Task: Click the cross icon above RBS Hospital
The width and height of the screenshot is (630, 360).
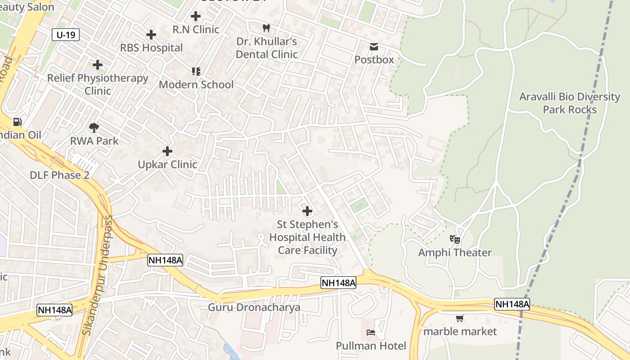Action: click(x=151, y=35)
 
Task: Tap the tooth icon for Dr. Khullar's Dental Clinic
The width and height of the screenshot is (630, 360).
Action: click(x=266, y=28)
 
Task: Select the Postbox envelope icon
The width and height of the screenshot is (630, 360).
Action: click(x=374, y=47)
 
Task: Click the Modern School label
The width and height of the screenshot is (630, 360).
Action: click(x=196, y=85)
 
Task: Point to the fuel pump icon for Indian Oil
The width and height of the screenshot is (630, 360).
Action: click(x=17, y=122)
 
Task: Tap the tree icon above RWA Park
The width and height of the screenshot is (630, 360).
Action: click(x=94, y=128)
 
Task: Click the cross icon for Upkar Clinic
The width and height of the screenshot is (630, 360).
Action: click(x=167, y=151)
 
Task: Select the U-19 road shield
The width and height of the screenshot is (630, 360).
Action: click(x=66, y=35)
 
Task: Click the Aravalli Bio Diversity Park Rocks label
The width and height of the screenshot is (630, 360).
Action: click(x=570, y=103)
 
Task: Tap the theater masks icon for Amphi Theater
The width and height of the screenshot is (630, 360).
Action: click(x=455, y=239)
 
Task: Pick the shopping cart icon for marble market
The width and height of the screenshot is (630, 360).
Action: click(x=459, y=319)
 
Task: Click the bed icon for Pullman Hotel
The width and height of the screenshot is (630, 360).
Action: click(x=371, y=333)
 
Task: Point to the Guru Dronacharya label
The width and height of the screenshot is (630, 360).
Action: click(x=254, y=308)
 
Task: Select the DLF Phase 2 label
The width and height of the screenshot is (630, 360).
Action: click(x=59, y=175)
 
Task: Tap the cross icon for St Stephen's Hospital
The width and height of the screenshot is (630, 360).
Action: click(x=307, y=211)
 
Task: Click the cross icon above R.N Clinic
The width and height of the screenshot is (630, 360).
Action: click(x=196, y=16)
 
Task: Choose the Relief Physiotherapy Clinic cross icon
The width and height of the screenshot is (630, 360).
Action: click(x=98, y=65)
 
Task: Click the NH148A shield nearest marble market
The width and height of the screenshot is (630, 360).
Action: click(x=512, y=304)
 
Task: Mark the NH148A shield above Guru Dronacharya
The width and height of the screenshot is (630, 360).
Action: click(x=338, y=283)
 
